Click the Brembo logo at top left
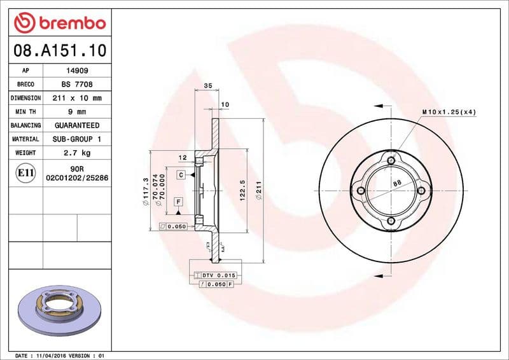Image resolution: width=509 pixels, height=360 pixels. click(59, 23)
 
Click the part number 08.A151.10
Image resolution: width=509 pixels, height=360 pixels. click(59, 49)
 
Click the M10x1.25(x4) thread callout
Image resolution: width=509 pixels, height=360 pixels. click(449, 112)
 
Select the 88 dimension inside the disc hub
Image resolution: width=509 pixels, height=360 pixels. click(396, 184)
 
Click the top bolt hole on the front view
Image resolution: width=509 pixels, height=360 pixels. click(391, 160)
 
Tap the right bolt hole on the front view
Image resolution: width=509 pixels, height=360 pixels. click(422, 190)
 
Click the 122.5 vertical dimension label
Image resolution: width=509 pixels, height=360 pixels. click(243, 189)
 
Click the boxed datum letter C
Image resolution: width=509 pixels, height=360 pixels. click(181, 174)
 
